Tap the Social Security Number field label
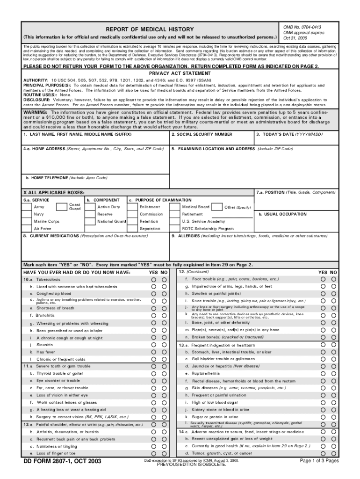click(x=202, y=134)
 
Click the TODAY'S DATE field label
click(x=289, y=134)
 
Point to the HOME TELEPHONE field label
click(x=66, y=178)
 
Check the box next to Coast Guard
click(x=62, y=207)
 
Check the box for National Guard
click(x=90, y=221)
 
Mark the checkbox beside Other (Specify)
click(x=216, y=207)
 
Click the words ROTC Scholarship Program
click(x=208, y=229)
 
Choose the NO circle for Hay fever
click(x=164, y=352)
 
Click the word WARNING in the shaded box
click(x=36, y=113)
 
